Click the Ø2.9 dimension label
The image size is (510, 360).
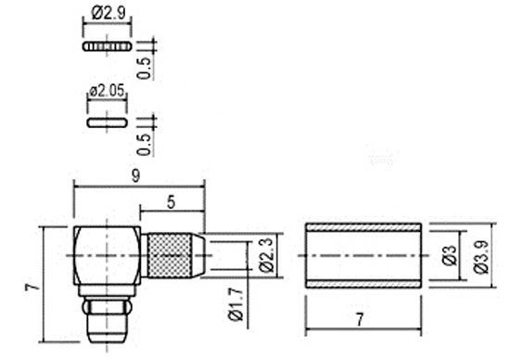(x=108, y=13)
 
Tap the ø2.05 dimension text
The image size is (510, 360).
(x=107, y=91)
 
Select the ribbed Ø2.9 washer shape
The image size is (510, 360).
(x=108, y=46)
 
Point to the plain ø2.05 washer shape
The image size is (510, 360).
(x=108, y=122)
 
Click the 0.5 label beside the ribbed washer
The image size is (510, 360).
(x=144, y=68)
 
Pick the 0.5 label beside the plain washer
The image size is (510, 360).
(x=144, y=145)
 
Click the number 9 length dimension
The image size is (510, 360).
(x=136, y=176)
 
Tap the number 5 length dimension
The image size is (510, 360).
(x=172, y=202)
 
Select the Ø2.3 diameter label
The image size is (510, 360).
(x=266, y=255)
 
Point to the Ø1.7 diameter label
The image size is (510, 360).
(x=236, y=304)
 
